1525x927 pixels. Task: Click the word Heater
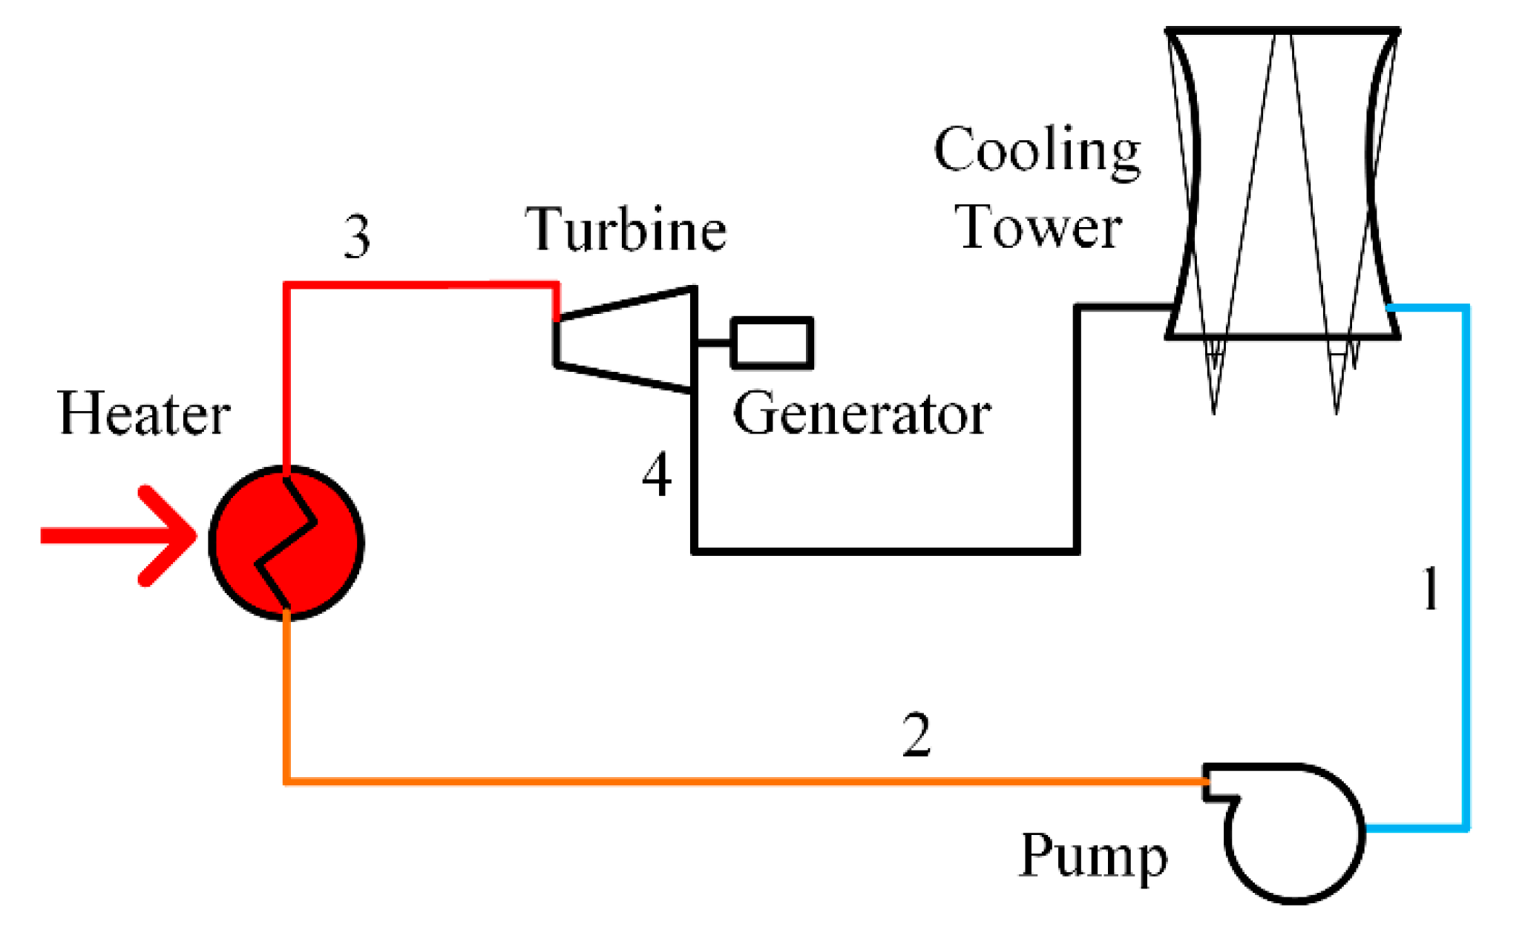coord(144,413)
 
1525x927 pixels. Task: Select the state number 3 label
coord(357,237)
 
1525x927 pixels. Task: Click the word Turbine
coord(625,229)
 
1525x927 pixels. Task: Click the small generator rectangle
coord(772,343)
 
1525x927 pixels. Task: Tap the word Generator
coord(861,413)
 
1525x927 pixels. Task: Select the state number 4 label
coord(657,475)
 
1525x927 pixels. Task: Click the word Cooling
coord(1037,150)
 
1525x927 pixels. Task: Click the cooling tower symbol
coord(1282,186)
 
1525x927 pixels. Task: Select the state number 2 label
coord(916,735)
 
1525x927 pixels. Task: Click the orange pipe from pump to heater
coord(668,781)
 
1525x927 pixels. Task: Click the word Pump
coord(1092,856)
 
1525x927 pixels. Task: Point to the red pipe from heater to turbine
coord(416,285)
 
